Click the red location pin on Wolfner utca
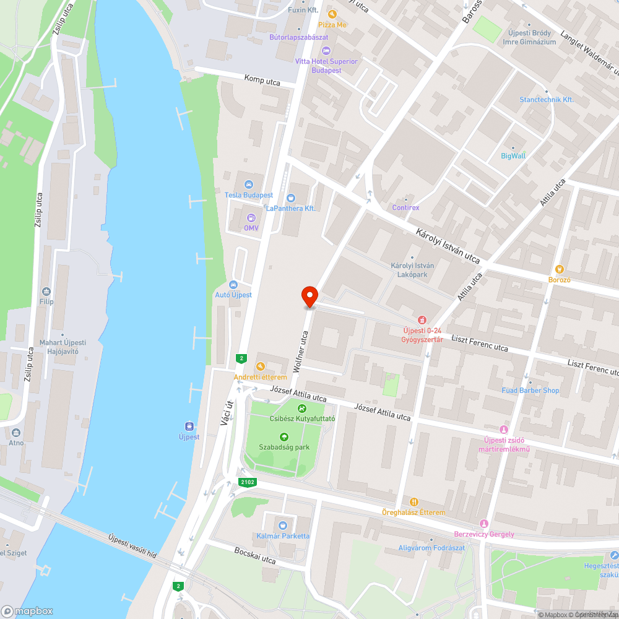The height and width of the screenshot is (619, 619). [x=309, y=295]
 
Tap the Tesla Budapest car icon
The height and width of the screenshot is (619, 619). [x=249, y=184]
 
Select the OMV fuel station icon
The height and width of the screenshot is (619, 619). [x=251, y=217]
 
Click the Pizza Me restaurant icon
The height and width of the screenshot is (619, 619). [x=332, y=14]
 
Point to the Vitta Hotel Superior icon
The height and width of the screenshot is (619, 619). [x=326, y=50]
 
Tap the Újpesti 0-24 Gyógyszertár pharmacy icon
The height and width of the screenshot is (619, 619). [x=422, y=320]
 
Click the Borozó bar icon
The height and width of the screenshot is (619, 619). [x=560, y=269]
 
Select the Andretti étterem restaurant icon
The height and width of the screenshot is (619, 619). [x=260, y=366]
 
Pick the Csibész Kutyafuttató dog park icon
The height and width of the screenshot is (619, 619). [x=301, y=408]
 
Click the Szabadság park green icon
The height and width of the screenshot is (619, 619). [x=284, y=437]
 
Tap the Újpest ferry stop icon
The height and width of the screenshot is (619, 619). [x=189, y=426]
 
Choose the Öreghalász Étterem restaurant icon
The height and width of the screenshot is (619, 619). [x=413, y=502]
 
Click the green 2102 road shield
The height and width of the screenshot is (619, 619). [x=246, y=482]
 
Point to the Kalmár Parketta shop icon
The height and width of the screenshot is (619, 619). [x=283, y=526]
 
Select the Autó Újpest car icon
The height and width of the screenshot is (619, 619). [x=233, y=285]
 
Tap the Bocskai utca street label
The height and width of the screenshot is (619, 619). [x=254, y=555]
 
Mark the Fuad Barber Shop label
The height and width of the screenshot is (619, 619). [x=530, y=391]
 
